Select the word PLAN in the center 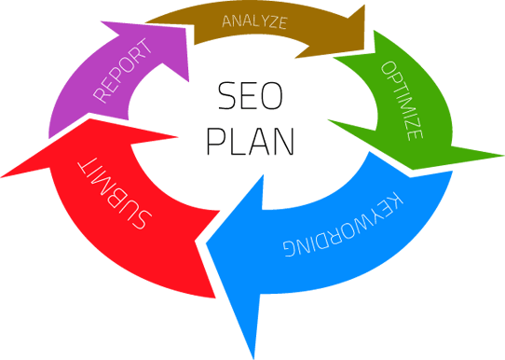[250, 142]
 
